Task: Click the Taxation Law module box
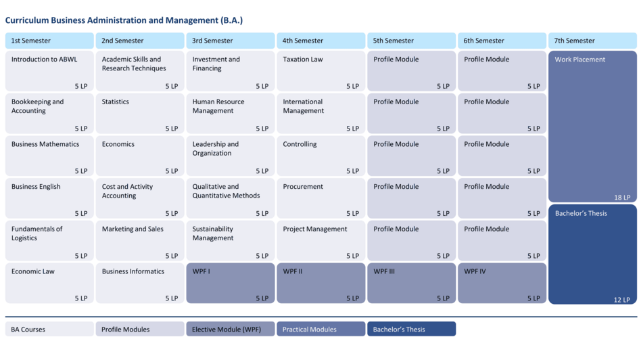point(321,71)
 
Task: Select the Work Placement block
point(592,127)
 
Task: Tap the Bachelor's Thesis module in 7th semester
point(592,254)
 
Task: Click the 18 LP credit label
point(622,198)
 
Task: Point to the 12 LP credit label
point(622,300)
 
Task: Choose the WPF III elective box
point(412,283)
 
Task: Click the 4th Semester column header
point(321,41)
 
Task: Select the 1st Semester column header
point(49,41)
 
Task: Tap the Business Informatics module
point(140,283)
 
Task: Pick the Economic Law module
point(49,283)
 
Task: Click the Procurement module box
point(321,198)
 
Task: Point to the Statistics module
point(140,113)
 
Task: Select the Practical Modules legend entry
point(321,330)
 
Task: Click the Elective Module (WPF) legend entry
point(231,330)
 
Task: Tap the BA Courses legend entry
point(49,330)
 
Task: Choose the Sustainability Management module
point(231,240)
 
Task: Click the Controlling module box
point(321,156)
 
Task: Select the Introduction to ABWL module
point(49,71)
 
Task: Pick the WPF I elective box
point(231,283)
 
